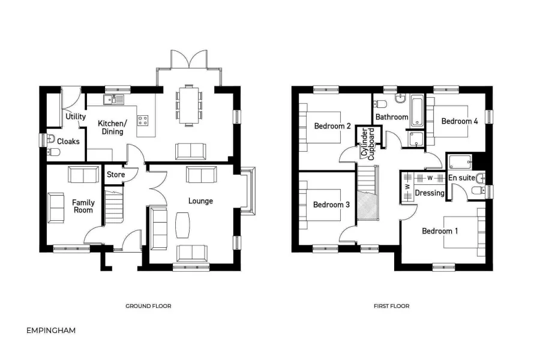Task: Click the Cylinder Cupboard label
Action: [367, 143]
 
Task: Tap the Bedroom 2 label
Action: [332, 126]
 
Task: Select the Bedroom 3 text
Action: [331, 205]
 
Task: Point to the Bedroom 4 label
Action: [460, 121]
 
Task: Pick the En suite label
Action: [462, 178]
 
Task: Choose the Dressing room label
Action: [430, 193]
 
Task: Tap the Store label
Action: [115, 175]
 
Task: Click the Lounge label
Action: [200, 200]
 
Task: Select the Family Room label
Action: [83, 206]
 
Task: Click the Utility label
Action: [76, 116]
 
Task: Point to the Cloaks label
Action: [68, 142]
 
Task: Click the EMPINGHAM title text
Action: [52, 330]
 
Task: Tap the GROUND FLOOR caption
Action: [148, 306]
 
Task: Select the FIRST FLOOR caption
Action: [391, 306]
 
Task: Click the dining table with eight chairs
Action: [189, 105]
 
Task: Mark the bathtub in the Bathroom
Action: [418, 111]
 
